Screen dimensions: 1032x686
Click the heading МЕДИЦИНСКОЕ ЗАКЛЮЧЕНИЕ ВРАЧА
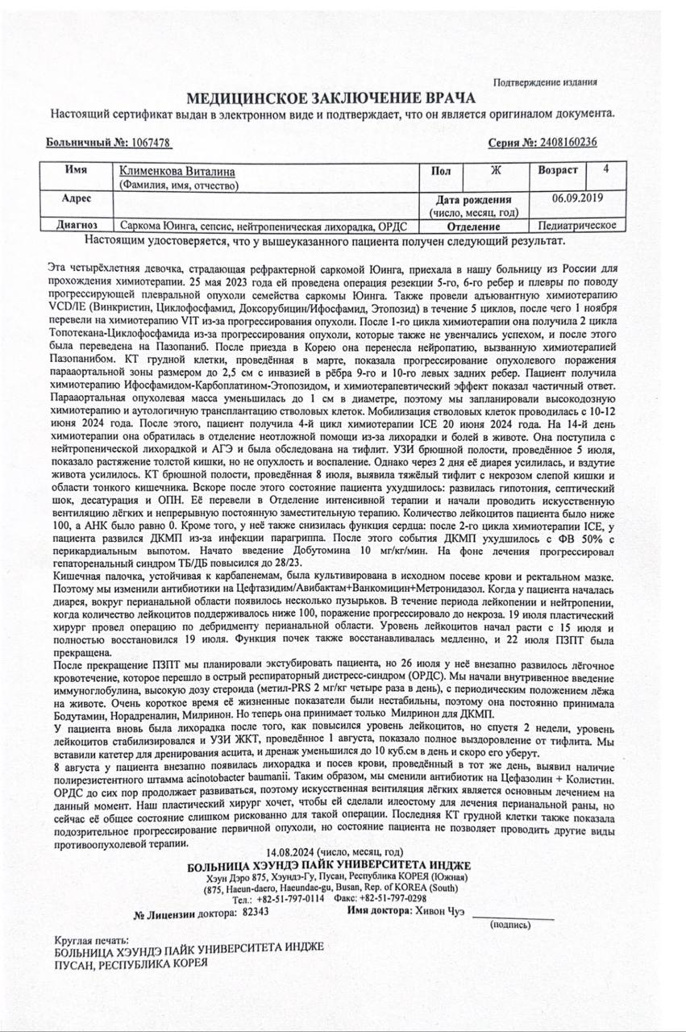point(331,99)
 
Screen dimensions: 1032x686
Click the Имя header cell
point(76,171)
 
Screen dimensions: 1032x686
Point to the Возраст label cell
point(558,171)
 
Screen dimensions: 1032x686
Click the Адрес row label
point(76,198)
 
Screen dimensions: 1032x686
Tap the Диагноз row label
point(76,225)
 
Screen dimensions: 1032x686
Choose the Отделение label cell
point(472,225)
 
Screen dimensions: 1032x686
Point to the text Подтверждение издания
point(546,82)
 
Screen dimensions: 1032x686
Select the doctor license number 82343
point(255,912)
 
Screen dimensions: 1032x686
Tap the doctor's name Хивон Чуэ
point(439,911)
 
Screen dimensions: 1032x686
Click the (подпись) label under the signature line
point(511,925)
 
